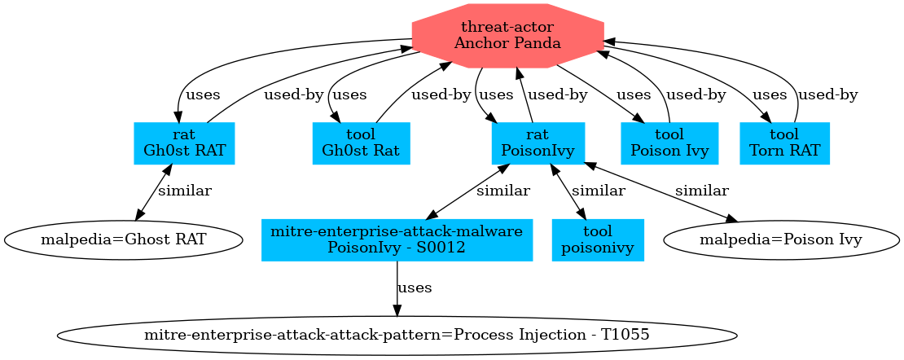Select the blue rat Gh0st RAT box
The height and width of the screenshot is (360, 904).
click(184, 143)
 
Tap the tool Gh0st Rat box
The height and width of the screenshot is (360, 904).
click(361, 143)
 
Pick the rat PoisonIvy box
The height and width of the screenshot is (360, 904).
click(538, 143)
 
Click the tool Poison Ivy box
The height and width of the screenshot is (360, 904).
click(669, 143)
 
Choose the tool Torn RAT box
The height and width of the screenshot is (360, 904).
click(784, 143)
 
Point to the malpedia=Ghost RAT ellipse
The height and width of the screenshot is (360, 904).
click(123, 239)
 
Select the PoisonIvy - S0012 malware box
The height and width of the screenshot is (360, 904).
click(397, 239)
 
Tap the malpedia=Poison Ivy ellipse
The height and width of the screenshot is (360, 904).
click(782, 239)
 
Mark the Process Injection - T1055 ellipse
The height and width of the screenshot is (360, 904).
click(397, 335)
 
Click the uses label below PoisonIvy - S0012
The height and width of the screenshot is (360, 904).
click(415, 288)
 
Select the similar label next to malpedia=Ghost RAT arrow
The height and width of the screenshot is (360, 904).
click(184, 191)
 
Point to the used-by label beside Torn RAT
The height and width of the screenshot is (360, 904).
click(827, 94)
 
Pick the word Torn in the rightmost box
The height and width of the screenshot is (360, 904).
click(766, 151)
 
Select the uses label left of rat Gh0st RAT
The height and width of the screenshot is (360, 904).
click(203, 94)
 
